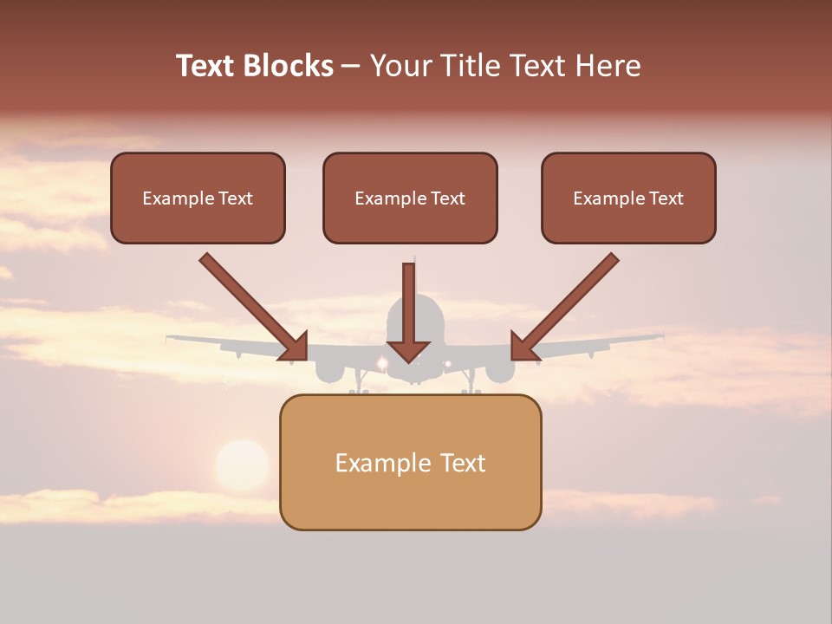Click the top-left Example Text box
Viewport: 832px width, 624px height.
[198, 198]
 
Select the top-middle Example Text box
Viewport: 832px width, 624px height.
[410, 198]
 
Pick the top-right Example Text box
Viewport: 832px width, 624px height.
[628, 198]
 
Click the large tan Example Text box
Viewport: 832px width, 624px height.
[410, 462]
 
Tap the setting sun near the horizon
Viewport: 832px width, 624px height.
[242, 465]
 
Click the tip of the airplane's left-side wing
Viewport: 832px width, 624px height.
[171, 336]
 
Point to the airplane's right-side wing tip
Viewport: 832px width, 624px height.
[660, 335]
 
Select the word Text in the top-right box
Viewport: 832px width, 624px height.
[666, 198]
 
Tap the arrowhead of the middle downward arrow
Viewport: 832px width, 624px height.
[409, 351]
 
